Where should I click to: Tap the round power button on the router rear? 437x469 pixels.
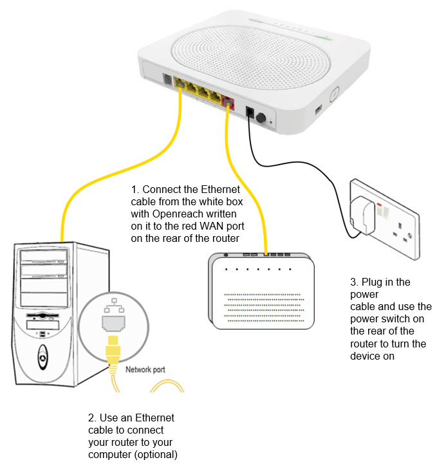[x=262, y=119]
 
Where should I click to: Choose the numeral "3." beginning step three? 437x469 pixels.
[x=355, y=282]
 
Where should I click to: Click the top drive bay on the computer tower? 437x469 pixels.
[x=44, y=259]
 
